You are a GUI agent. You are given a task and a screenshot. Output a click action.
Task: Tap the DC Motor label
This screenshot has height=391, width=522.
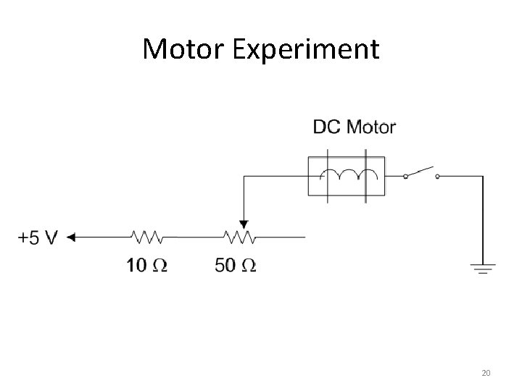[354, 127]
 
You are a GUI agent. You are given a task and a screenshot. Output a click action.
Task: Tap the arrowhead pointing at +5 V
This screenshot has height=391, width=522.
[71, 237]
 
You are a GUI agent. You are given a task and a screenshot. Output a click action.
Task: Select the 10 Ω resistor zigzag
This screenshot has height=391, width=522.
[147, 237]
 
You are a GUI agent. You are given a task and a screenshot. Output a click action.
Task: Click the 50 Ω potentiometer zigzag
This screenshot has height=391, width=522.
[238, 237]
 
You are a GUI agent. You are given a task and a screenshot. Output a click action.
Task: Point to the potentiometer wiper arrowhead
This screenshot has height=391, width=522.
[244, 224]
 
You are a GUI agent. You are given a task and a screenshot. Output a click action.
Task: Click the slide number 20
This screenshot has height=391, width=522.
[486, 373]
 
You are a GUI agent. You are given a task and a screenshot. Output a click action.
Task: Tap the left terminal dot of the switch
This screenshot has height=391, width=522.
[405, 175]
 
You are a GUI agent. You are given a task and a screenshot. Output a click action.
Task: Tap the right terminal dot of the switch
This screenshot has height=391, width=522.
[437, 175]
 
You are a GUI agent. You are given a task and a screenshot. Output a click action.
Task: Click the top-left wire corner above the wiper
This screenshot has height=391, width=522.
[244, 175]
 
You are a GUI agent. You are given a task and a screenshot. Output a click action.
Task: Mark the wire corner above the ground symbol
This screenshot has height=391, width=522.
[483, 175]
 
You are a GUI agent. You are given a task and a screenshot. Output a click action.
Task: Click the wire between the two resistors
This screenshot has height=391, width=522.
[193, 237]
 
